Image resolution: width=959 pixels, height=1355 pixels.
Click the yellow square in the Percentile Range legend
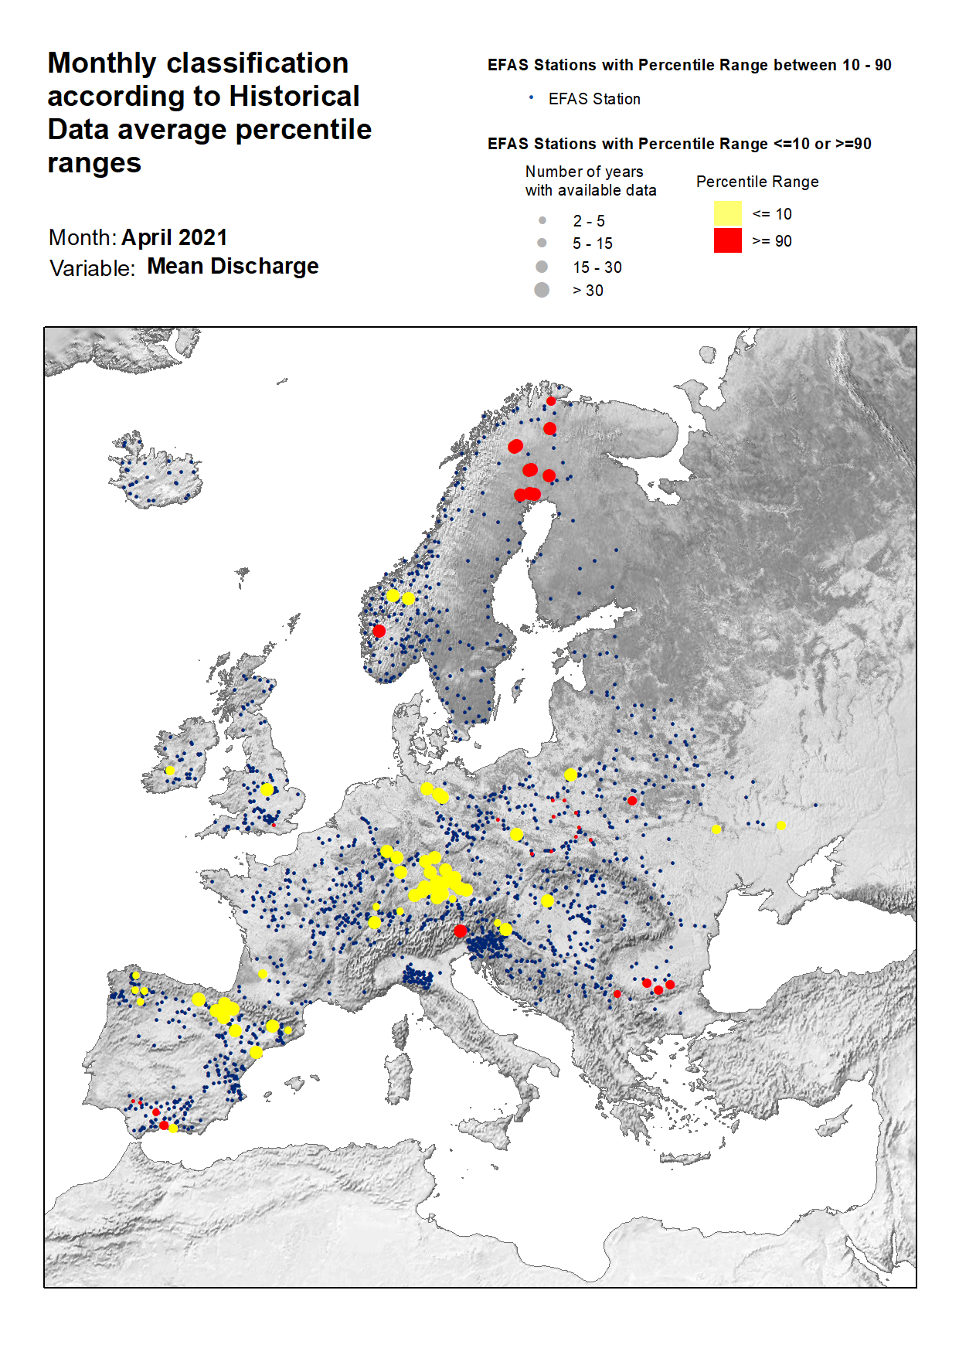(x=727, y=213)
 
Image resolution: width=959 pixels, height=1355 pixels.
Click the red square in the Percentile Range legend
(x=727, y=240)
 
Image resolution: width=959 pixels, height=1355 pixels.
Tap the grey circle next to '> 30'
(x=542, y=290)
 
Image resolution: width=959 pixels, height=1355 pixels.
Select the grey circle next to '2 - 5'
(x=542, y=220)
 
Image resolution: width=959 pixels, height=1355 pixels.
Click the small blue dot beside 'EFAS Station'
(x=531, y=97)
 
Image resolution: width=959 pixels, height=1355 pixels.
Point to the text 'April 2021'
(x=175, y=237)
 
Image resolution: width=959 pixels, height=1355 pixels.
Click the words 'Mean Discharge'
(x=233, y=266)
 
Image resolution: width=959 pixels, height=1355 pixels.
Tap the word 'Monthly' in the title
(x=101, y=63)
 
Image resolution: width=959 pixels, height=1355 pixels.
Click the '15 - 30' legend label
(x=597, y=267)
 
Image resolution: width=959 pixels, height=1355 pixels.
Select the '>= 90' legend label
(x=771, y=241)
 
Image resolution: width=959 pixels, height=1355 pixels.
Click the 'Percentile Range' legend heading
(x=757, y=182)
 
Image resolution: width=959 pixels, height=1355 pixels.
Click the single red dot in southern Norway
(x=379, y=631)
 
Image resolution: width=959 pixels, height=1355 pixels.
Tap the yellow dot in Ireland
(x=170, y=771)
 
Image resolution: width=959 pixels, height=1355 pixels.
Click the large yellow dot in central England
(x=267, y=789)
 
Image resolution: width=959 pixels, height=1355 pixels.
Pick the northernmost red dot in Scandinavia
(x=551, y=401)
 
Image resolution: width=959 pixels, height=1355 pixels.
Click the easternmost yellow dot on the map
(x=781, y=826)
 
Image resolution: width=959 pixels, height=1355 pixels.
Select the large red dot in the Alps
(x=461, y=931)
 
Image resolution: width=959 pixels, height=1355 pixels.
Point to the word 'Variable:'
(x=92, y=268)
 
